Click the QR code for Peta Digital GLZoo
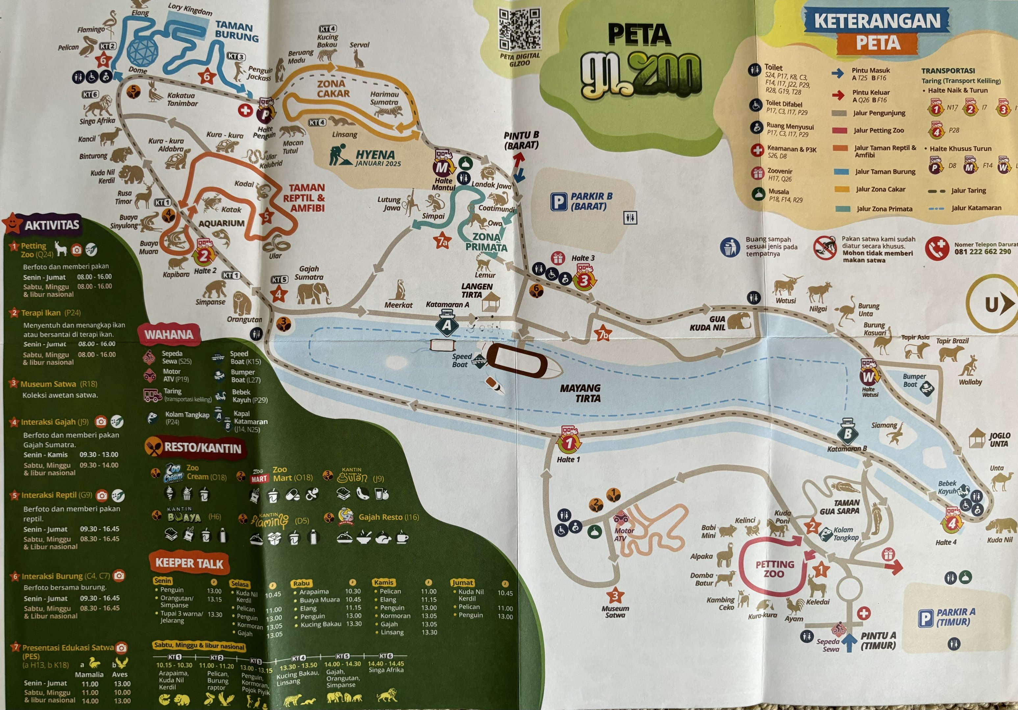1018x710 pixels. tap(519, 29)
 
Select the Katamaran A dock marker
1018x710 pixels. tap(447, 324)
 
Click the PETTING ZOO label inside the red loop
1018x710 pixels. tap(774, 569)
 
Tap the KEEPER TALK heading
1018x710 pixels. tap(189, 563)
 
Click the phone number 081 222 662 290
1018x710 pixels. tap(982, 251)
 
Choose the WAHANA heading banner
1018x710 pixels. tap(169, 334)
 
